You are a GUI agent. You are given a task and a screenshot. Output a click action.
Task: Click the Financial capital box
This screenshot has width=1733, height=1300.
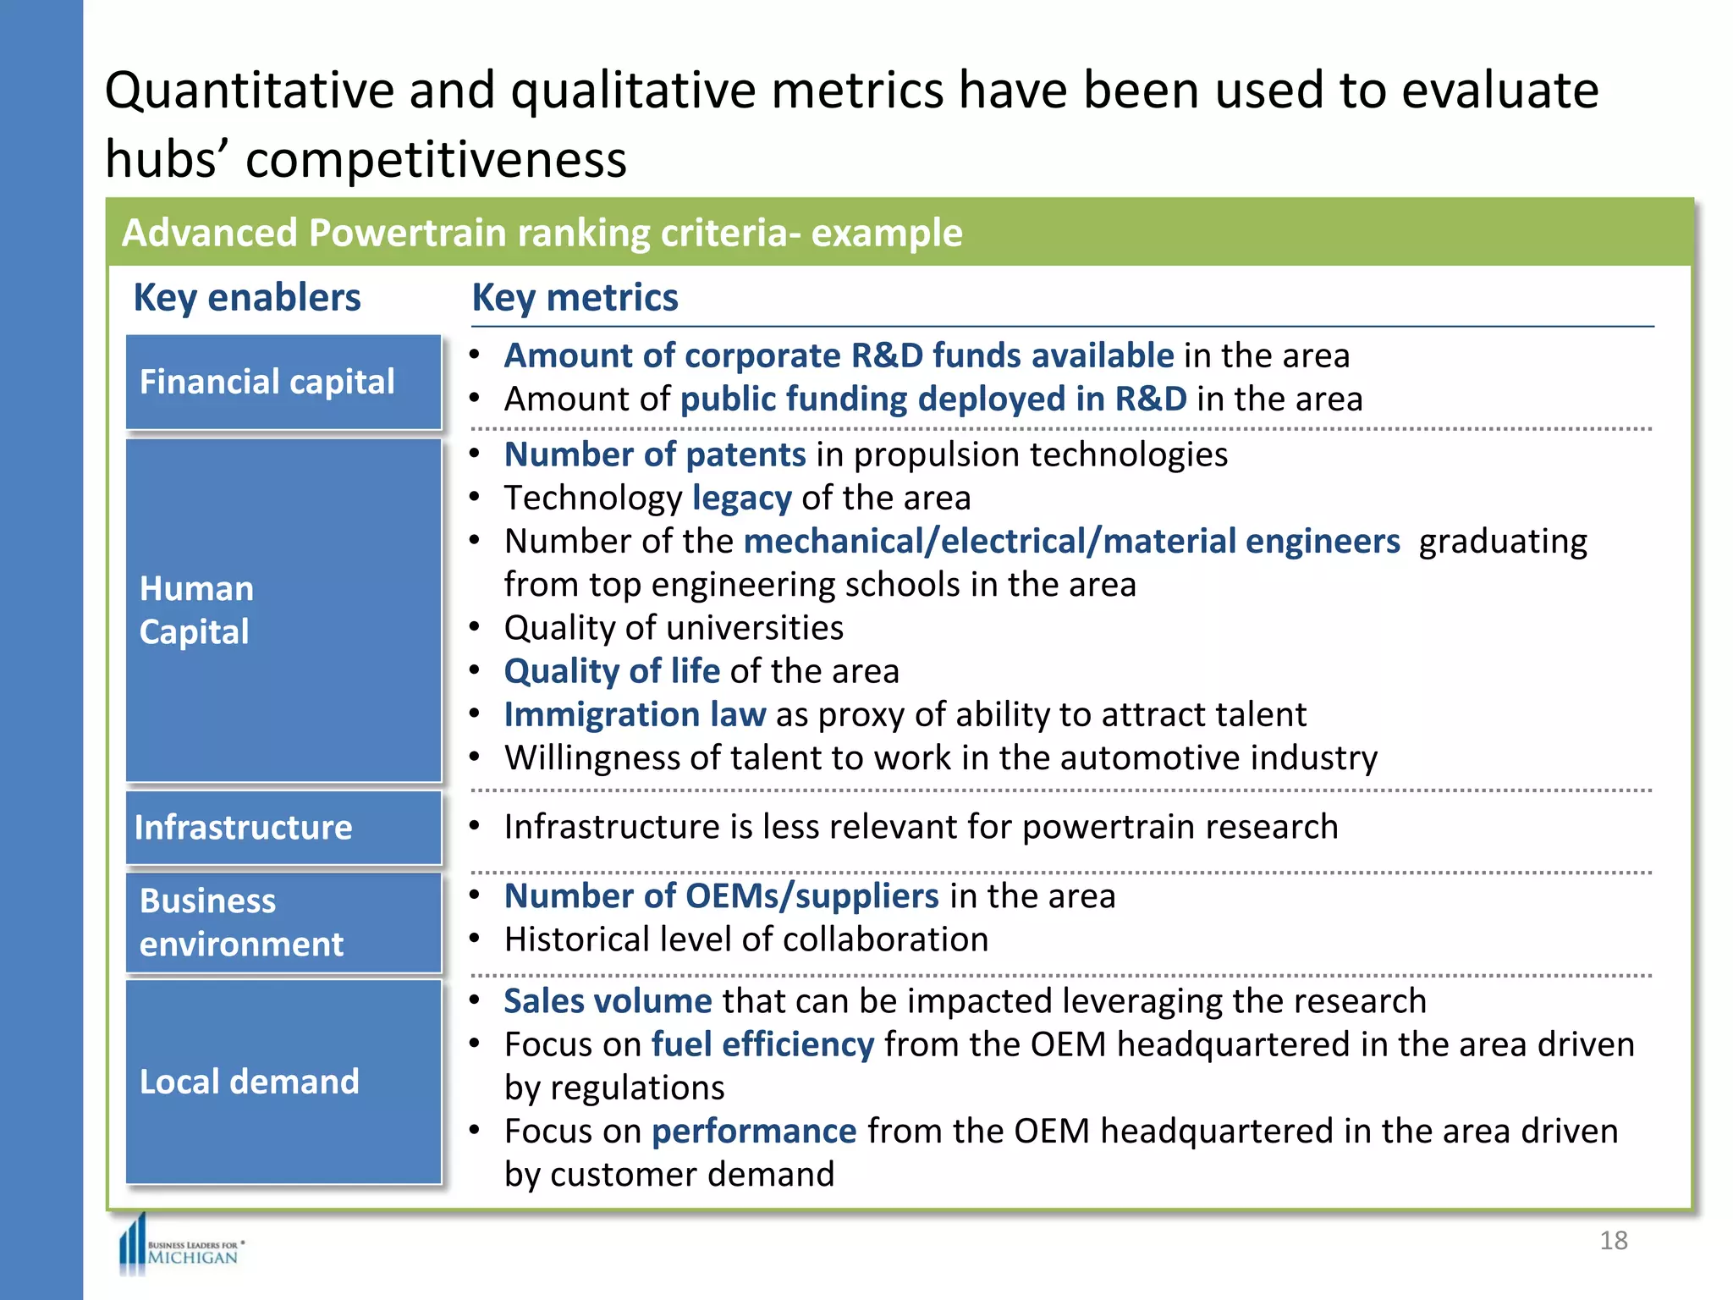[x=283, y=382]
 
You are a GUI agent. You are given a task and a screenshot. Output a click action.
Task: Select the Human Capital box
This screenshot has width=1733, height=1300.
[x=283, y=609]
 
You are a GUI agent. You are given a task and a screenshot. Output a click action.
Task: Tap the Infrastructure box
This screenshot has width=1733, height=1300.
[x=283, y=828]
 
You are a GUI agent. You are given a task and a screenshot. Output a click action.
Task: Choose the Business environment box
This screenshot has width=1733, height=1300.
[x=283, y=923]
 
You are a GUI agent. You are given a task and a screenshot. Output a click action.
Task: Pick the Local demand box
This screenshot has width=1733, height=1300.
[x=283, y=1082]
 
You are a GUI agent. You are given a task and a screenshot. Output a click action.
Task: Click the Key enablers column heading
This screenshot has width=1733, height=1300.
[x=247, y=298]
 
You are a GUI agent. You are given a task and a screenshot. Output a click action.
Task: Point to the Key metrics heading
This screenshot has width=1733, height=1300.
[x=575, y=298]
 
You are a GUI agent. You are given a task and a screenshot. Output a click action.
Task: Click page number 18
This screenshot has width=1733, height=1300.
[x=1613, y=1241]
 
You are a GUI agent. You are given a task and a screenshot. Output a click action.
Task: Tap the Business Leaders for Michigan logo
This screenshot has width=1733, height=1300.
[x=182, y=1248]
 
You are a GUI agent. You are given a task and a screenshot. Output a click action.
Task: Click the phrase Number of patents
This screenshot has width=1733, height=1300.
[x=655, y=455]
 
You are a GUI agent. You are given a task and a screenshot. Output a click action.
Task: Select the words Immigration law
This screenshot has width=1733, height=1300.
[x=635, y=715]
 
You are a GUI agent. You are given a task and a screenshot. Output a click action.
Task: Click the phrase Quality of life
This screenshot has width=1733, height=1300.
[x=612, y=672]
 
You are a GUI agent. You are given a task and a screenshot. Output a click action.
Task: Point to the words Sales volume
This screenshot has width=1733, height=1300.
[x=608, y=1001]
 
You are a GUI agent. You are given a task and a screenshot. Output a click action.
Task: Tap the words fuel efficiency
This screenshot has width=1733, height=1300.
[x=762, y=1045]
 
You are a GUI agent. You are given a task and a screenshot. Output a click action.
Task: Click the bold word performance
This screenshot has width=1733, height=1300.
[x=753, y=1132]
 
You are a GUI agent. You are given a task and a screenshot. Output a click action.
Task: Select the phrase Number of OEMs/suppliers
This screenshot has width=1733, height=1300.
[x=721, y=896]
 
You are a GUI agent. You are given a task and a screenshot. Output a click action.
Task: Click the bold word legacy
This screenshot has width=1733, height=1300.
[x=741, y=499]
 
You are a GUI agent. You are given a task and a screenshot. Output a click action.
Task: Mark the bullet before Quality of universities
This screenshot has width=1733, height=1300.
[x=476, y=628]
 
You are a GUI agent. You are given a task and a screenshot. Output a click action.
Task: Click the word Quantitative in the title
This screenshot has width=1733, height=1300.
[x=250, y=91]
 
